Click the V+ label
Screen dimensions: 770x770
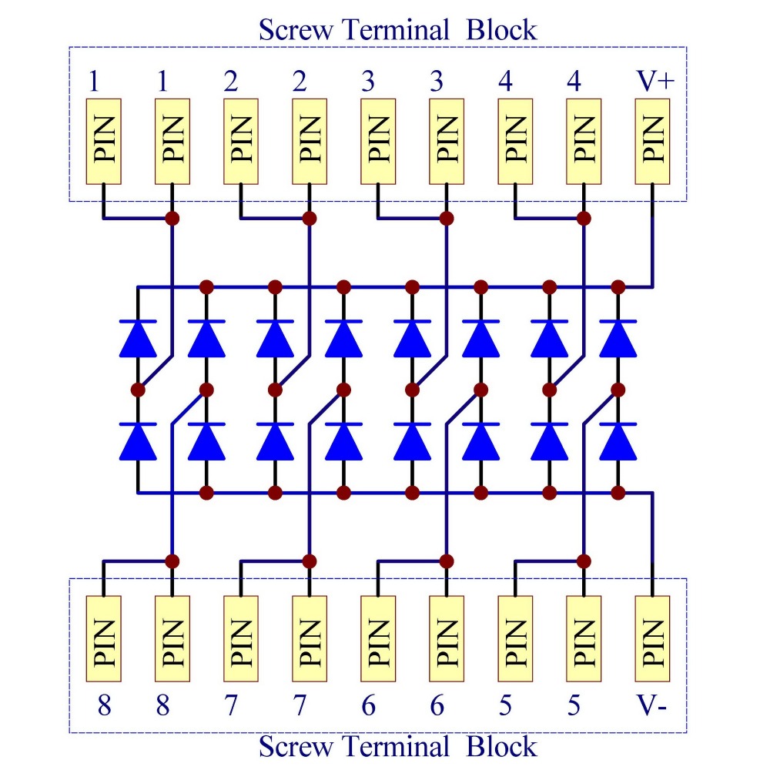point(655,82)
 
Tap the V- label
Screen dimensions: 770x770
point(651,705)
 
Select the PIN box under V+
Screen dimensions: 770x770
point(652,142)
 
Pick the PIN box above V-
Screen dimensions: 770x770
point(652,639)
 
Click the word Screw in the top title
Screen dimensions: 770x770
point(296,30)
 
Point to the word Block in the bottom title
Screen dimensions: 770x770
point(501,746)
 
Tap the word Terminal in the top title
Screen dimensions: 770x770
point(396,30)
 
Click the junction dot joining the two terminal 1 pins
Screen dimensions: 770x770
point(172,218)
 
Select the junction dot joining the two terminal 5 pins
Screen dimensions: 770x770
point(584,561)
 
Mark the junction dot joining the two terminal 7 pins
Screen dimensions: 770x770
point(310,561)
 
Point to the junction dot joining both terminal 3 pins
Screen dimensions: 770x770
point(447,218)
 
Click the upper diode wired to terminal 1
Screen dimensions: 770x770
point(138,338)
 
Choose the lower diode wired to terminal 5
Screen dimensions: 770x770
point(618,441)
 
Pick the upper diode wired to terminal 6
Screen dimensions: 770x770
point(480,338)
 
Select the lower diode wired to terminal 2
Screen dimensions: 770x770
point(275,441)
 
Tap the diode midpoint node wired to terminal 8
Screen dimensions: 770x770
point(206,390)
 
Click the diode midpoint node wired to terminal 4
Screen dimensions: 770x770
point(550,390)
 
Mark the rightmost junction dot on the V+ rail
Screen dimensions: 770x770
point(618,286)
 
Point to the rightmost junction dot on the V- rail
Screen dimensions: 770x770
point(618,493)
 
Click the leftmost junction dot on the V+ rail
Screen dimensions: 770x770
point(206,286)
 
